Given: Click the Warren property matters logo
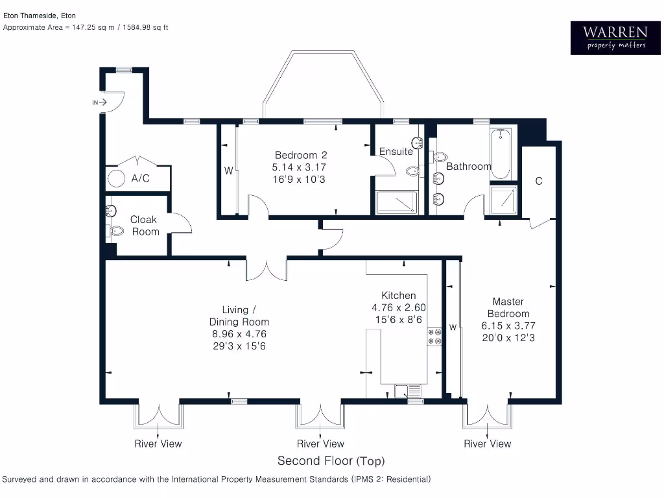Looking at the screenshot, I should click(x=614, y=38).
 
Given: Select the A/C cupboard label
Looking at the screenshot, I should click(x=140, y=178).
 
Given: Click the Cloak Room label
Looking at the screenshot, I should click(x=144, y=226).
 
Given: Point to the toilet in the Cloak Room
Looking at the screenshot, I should click(x=117, y=231).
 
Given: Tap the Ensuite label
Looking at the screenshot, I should click(x=396, y=152).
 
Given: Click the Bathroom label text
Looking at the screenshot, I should click(x=468, y=167).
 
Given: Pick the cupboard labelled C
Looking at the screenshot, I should click(x=538, y=182).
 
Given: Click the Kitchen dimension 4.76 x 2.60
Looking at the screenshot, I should click(x=399, y=308).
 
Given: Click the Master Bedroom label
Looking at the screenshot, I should click(x=508, y=307).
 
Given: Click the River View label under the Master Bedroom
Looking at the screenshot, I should click(x=487, y=444).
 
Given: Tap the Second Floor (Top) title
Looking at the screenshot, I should click(x=331, y=461).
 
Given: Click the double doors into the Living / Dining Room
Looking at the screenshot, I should click(x=267, y=269).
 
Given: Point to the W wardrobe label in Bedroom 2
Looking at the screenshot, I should click(x=228, y=171).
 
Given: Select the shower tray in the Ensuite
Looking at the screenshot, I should click(x=396, y=202).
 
